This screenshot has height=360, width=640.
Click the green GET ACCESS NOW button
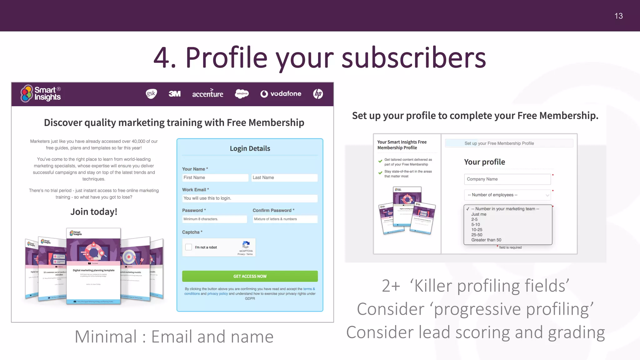[250, 276]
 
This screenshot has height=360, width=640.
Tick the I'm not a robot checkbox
[188, 247]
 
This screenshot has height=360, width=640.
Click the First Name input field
[215, 177]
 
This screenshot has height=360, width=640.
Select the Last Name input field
[284, 177]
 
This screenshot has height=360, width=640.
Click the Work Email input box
[250, 198]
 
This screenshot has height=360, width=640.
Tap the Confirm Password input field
[285, 219]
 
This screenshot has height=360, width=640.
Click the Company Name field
[507, 179]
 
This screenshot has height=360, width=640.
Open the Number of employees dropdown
[507, 195]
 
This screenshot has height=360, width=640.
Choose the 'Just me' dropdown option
[479, 214]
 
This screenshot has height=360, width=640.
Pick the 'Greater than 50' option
[486, 240]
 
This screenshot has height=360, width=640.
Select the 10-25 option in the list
[477, 230]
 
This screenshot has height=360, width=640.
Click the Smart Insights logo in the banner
[41, 93]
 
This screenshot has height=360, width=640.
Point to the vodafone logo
[281, 94]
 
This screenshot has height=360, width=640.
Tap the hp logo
[318, 94]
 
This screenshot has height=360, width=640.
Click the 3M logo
[175, 94]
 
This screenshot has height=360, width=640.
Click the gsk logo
[151, 93]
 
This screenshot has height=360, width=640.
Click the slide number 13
[618, 16]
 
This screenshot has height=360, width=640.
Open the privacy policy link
[217, 294]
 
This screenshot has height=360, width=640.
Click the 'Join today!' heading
[94, 212]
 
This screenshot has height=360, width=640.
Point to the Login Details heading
[250, 148]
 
